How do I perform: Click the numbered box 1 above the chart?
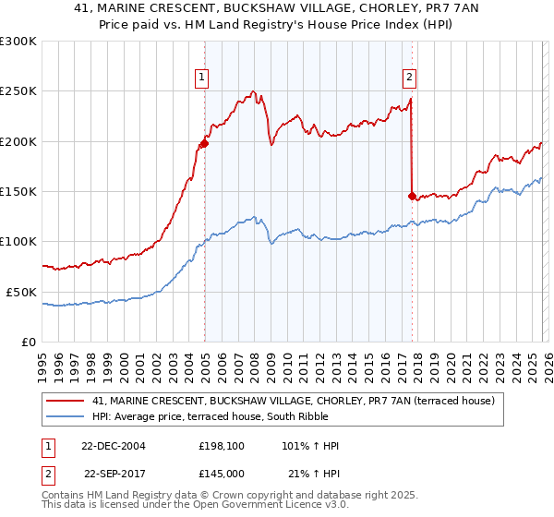tap(202, 78)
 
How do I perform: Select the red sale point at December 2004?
tap(204, 143)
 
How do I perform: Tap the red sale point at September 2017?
tap(412, 196)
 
